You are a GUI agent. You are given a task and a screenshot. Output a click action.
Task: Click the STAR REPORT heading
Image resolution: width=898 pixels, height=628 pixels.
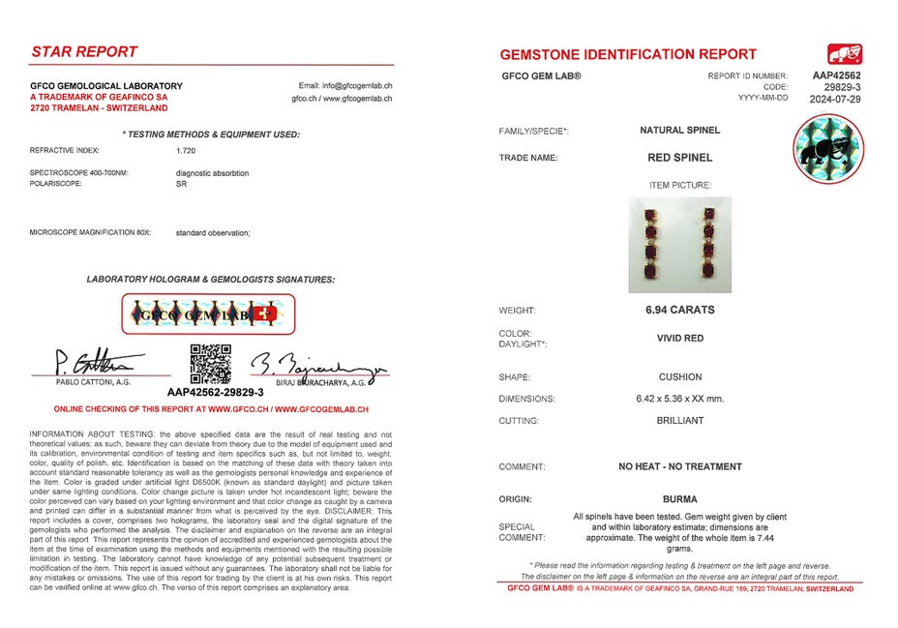click(x=84, y=51)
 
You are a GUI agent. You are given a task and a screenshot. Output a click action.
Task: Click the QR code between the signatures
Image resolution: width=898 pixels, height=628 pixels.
click(x=210, y=364)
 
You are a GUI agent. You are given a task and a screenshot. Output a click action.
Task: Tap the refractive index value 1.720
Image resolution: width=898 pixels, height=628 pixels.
click(x=186, y=151)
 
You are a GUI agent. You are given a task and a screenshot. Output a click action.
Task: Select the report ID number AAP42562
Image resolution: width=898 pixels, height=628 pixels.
click(x=837, y=75)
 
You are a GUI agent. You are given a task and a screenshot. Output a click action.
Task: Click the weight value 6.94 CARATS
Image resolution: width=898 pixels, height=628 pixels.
click(x=679, y=311)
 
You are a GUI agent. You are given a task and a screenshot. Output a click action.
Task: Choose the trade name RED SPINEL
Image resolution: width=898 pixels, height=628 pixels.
click(x=679, y=157)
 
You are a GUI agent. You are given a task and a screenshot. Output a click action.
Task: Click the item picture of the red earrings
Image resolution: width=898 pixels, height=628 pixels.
click(x=679, y=245)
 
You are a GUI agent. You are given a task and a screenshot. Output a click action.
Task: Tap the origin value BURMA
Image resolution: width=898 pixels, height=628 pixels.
click(x=679, y=499)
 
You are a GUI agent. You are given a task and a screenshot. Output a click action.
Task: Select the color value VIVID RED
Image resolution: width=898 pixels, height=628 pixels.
click(x=679, y=339)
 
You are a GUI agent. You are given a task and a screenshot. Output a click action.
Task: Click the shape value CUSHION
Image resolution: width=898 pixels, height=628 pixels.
click(x=679, y=377)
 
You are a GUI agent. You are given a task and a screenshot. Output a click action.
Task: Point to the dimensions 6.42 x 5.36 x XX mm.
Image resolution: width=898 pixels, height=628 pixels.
click(x=679, y=399)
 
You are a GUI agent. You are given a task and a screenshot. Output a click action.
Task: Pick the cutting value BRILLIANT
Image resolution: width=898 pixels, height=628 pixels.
click(x=679, y=421)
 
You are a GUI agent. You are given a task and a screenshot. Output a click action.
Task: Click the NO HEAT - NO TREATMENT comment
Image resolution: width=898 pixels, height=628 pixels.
click(x=679, y=466)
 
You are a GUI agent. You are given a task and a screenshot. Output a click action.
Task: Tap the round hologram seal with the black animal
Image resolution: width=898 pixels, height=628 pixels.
click(x=826, y=149)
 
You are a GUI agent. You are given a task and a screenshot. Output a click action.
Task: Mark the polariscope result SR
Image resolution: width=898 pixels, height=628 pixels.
click(x=181, y=183)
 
